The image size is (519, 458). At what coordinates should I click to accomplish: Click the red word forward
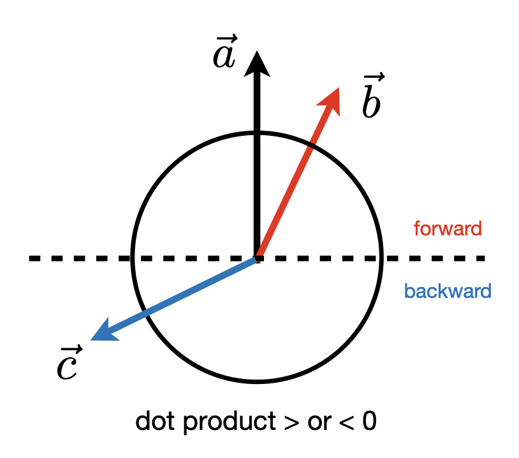448,228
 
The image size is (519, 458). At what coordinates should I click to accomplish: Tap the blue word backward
448,292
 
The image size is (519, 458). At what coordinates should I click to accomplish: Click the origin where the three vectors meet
256,258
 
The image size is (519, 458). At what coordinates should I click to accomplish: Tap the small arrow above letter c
69,349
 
